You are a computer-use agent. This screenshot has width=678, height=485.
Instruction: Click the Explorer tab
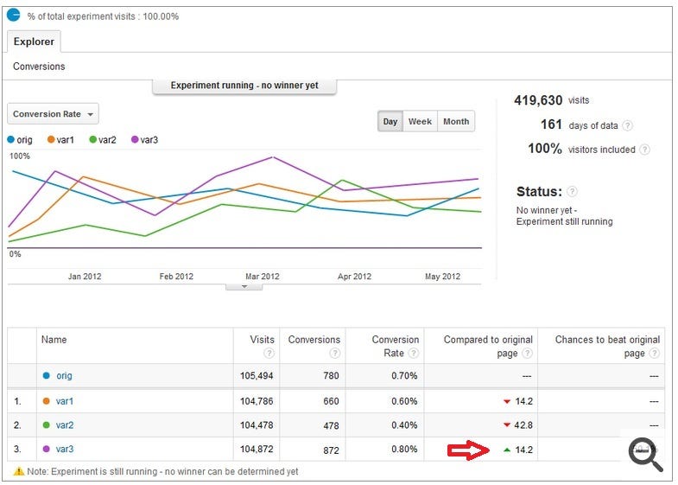(x=34, y=41)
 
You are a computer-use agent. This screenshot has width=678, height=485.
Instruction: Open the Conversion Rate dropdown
(x=53, y=114)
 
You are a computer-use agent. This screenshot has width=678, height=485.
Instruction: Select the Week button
(x=420, y=122)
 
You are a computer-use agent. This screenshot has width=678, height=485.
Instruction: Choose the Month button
(x=456, y=122)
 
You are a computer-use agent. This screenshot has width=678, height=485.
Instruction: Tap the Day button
(x=390, y=122)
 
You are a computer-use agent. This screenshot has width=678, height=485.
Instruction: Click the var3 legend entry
(x=144, y=140)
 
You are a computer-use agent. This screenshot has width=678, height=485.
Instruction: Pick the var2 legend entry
(x=103, y=140)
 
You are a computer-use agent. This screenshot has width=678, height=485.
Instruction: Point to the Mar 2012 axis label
(x=263, y=277)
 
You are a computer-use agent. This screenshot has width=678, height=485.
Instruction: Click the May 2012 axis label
(x=442, y=277)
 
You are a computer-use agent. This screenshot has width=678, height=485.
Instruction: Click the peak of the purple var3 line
(x=272, y=157)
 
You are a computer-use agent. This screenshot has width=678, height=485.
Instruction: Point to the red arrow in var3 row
(x=468, y=450)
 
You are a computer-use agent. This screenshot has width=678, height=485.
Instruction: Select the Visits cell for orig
(x=257, y=375)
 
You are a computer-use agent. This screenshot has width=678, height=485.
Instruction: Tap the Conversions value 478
(x=331, y=425)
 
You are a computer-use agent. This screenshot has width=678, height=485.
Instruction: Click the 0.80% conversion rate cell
(x=404, y=450)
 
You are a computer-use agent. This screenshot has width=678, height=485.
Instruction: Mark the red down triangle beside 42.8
(x=507, y=425)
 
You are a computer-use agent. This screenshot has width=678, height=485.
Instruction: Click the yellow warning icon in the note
(x=19, y=471)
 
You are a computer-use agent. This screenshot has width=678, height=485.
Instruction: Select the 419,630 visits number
(x=538, y=100)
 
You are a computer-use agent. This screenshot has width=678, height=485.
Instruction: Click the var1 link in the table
(x=65, y=401)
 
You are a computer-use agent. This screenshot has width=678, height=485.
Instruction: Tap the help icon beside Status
(x=572, y=191)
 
